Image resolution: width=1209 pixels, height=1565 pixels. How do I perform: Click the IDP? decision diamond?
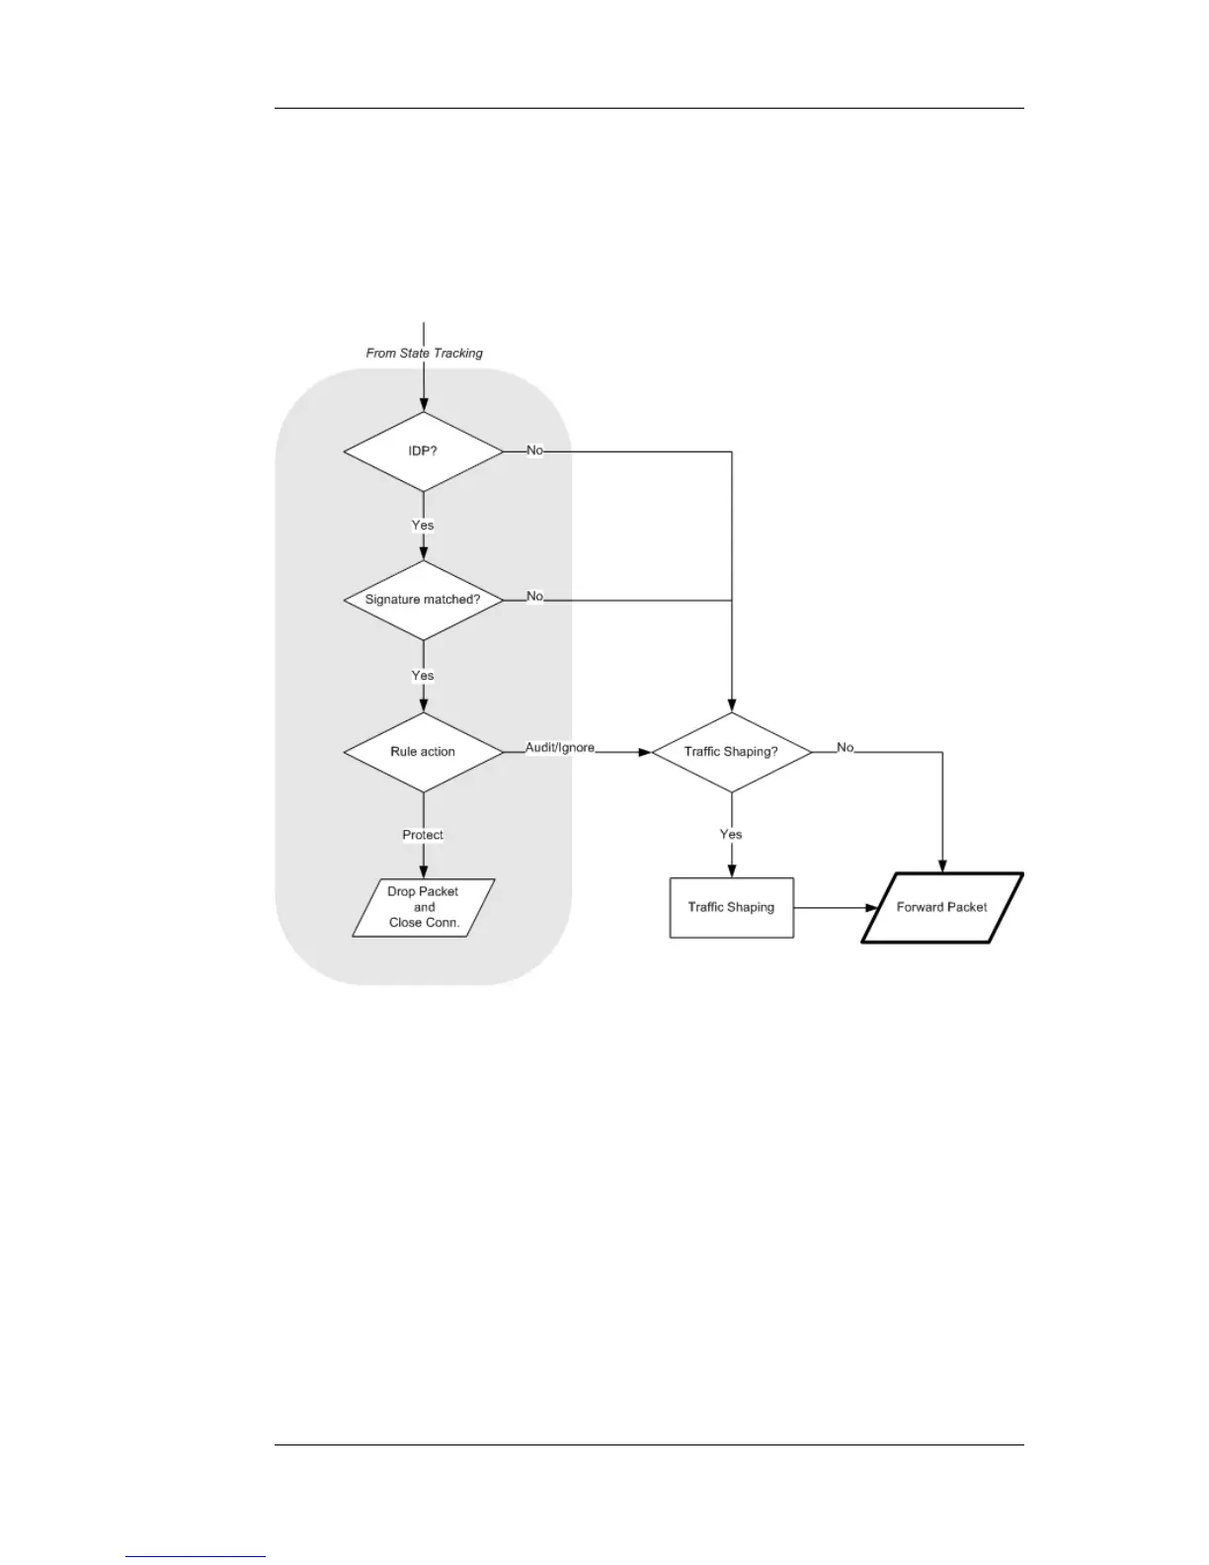423,452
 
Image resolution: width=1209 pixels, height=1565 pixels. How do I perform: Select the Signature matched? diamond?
423,600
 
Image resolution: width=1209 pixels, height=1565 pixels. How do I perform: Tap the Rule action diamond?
423,752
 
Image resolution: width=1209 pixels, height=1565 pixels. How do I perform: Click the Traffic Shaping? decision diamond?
731,752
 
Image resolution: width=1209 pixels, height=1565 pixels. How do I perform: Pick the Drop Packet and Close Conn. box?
424,907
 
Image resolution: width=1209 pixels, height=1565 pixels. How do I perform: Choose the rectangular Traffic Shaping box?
731,907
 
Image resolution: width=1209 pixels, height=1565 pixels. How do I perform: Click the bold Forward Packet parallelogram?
941,907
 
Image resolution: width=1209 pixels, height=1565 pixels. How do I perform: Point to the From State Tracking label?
424,353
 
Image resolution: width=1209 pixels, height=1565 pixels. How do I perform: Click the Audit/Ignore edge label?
560,748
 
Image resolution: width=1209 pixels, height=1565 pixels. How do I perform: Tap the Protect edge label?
423,835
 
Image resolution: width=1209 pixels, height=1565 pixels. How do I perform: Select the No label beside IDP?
534,451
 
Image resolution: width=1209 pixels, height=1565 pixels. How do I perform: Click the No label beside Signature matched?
534,597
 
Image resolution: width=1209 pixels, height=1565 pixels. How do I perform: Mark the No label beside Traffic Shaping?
846,748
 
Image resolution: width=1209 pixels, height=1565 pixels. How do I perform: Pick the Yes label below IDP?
423,526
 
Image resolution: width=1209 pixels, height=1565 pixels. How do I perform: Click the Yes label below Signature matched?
423,676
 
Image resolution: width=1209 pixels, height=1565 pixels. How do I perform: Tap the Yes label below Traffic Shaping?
731,835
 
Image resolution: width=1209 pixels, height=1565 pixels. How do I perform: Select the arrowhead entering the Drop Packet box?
424,871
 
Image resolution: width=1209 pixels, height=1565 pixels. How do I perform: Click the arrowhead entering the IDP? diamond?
424,404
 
